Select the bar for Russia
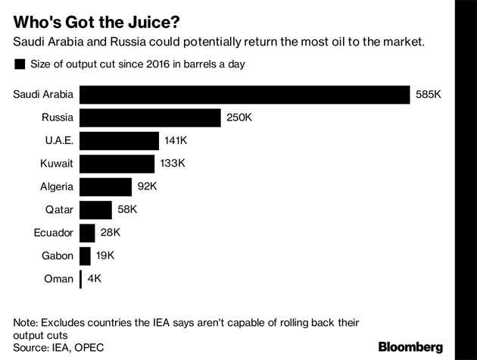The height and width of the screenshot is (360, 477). [149, 117]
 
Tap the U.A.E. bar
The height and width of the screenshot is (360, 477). [119, 141]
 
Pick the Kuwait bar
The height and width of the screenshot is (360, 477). [117, 164]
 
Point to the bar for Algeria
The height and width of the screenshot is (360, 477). [105, 186]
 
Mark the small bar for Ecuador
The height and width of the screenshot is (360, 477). [87, 233]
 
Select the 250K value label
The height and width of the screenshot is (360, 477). [240, 117]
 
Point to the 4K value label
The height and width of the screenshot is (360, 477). [94, 279]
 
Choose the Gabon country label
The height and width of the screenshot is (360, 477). [58, 256]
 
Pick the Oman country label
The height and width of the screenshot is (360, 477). [60, 279]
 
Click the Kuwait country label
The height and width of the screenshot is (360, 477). [57, 164]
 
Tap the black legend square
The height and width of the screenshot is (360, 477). [20, 65]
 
